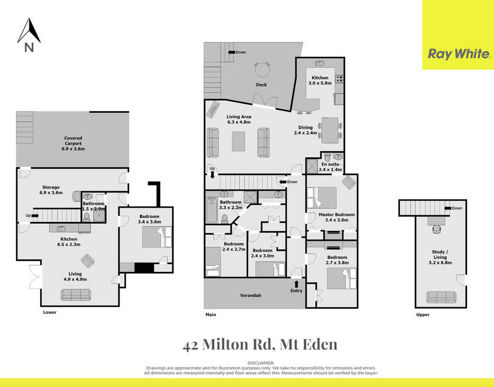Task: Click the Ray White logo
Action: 459,54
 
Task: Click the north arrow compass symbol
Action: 29,35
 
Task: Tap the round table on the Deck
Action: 262,70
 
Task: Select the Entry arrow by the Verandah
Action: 296,284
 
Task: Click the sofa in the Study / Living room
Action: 441,297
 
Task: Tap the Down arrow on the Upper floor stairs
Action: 447,208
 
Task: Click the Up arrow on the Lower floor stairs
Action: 35,215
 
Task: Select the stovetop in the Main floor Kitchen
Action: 339,79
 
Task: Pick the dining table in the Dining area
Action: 330,130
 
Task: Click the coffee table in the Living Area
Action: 238,142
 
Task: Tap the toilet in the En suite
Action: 328,157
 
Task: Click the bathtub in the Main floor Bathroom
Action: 211,210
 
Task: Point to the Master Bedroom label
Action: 337,214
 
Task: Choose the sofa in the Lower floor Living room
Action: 76,295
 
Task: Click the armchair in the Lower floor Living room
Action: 88,261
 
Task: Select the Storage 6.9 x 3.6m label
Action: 51,190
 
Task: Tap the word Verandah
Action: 250,295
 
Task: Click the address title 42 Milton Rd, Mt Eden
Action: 260,345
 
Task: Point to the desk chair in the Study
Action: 436,229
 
